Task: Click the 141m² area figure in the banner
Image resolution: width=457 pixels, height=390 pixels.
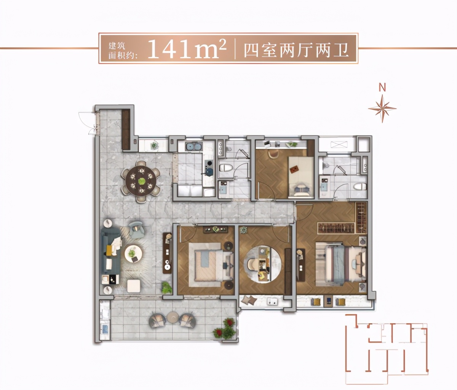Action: pyautogui.click(x=187, y=49)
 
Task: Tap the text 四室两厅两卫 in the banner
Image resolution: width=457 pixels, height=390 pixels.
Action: pyautogui.click(x=296, y=50)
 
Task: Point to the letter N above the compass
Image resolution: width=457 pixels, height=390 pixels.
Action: pyautogui.click(x=382, y=88)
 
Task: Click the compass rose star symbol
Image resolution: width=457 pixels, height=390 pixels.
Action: pyautogui.click(x=382, y=108)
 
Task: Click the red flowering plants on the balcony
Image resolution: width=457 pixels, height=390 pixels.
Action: pyautogui.click(x=225, y=328)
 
